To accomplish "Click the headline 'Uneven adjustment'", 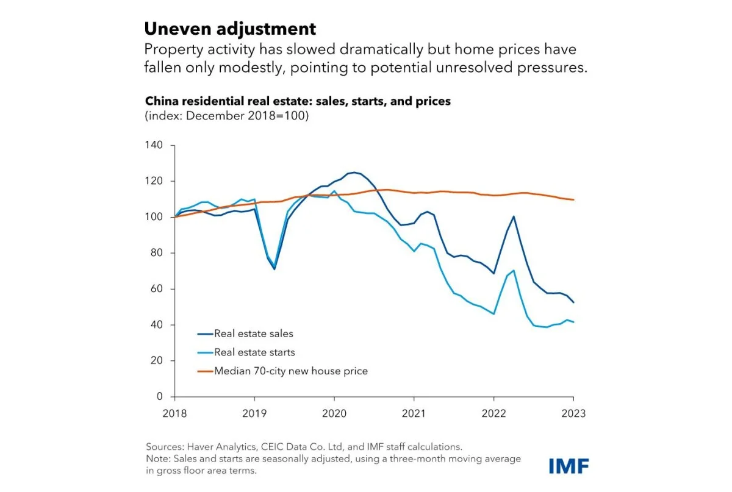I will (230, 29).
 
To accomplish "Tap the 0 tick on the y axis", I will (160, 396).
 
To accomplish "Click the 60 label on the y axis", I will (157, 288).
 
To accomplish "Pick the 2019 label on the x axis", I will (255, 413).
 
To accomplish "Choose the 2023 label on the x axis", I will (573, 413).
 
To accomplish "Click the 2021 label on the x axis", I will (414, 413).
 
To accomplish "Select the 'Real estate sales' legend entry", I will (253, 333).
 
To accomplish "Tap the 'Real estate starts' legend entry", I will (254, 352).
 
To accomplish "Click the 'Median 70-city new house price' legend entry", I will (290, 370).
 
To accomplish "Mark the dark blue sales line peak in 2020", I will (354, 173).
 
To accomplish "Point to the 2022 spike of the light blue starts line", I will (514, 270).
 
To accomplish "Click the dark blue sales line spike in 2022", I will (514, 216).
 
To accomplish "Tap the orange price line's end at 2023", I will (573, 200).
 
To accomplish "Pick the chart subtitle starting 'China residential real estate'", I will (297, 101).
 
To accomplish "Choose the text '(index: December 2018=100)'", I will (226, 116).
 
